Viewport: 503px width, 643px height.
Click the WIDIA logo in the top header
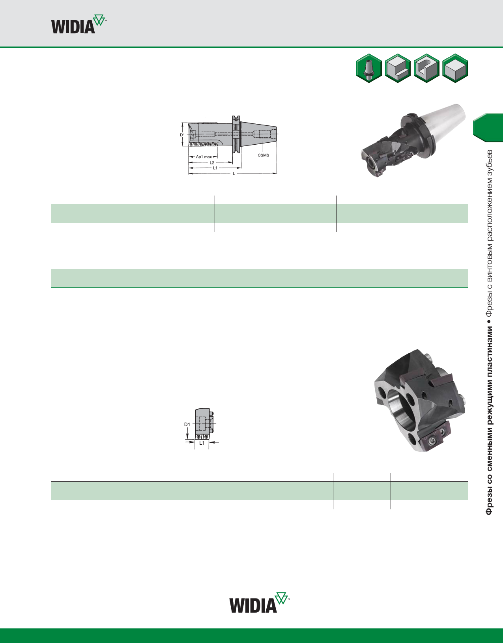[x=78, y=25]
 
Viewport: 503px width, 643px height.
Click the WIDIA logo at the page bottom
[x=259, y=603]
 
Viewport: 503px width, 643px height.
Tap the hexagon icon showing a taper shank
[x=369, y=68]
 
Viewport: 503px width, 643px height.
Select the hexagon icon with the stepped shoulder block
[x=398, y=68]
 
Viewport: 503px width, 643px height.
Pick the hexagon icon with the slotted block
[x=426, y=68]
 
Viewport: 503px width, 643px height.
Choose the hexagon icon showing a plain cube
[x=455, y=68]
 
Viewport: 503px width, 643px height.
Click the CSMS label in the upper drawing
[x=264, y=155]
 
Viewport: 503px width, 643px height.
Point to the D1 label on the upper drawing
[x=182, y=135]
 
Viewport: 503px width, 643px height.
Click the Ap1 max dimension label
[x=204, y=157]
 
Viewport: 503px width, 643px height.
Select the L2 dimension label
[x=212, y=162]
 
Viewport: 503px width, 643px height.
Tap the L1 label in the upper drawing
[x=215, y=168]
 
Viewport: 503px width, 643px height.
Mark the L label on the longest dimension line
[x=234, y=173]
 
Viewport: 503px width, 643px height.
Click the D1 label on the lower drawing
[x=187, y=424]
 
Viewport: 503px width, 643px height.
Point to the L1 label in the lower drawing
[x=202, y=443]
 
